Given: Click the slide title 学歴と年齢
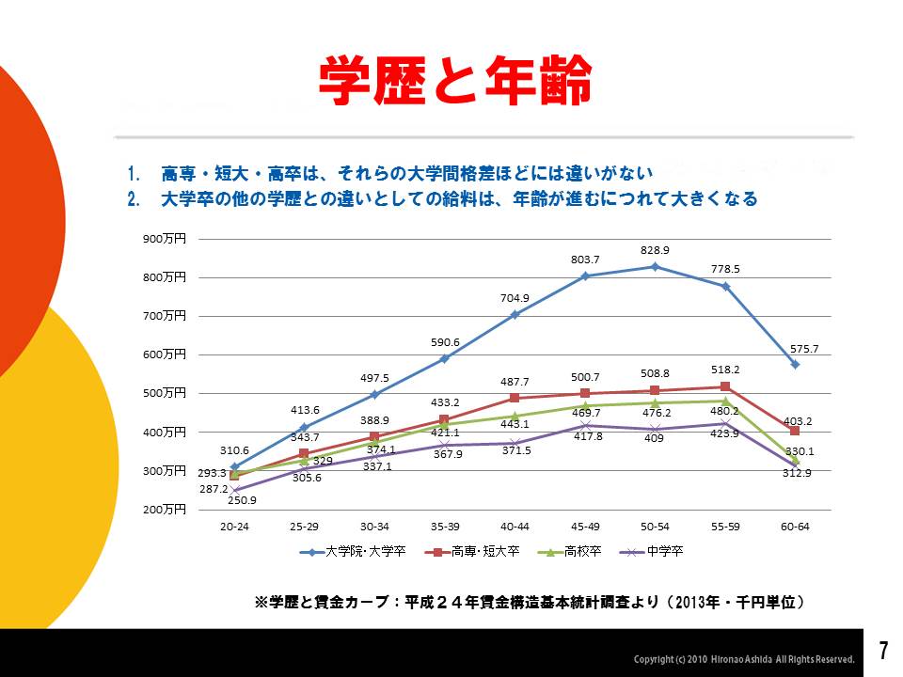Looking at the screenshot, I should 455,82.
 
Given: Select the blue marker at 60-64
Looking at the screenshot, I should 795,364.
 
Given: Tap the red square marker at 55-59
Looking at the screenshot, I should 725,386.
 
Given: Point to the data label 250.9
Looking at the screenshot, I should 241,500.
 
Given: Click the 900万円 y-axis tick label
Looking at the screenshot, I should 166,239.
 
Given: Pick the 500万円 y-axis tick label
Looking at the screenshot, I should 166,393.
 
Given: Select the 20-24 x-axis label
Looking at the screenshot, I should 234,527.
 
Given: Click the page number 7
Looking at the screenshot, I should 883,651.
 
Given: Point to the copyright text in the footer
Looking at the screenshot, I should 744,659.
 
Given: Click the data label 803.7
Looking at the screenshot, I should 585,259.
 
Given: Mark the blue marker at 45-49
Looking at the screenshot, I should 585,276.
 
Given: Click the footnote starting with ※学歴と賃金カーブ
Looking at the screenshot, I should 530,601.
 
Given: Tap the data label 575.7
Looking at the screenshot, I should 804,349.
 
